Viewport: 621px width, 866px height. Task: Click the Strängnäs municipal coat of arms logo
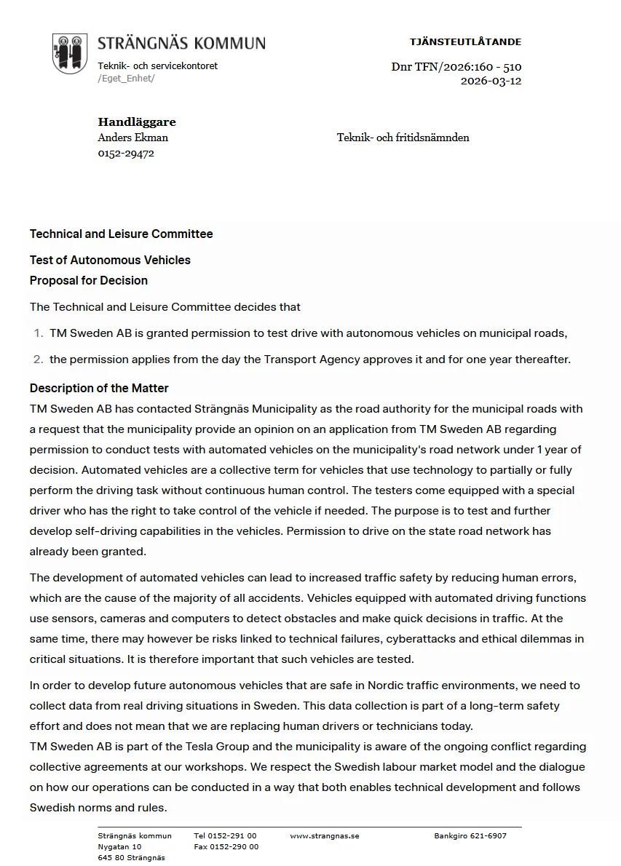pyautogui.click(x=70, y=53)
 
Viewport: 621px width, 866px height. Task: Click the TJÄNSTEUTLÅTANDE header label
pyautogui.click(x=465, y=42)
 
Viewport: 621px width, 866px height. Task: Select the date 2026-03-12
pyautogui.click(x=491, y=81)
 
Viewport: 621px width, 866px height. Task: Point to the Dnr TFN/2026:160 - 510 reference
pyautogui.click(x=456, y=67)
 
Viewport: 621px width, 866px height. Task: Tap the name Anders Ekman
pyautogui.click(x=132, y=138)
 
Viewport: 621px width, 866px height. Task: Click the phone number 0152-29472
pyautogui.click(x=126, y=154)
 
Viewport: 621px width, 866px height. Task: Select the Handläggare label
pyautogui.click(x=137, y=122)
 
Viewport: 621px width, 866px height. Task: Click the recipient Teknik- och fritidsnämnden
pyautogui.click(x=403, y=138)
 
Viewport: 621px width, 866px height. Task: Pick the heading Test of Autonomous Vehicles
pyautogui.click(x=110, y=261)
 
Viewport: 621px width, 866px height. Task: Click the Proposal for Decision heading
pyautogui.click(x=89, y=281)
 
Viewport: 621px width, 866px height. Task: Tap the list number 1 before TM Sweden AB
pyautogui.click(x=39, y=333)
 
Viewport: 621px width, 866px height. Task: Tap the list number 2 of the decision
pyautogui.click(x=39, y=359)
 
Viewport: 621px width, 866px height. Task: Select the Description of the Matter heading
pyautogui.click(x=99, y=389)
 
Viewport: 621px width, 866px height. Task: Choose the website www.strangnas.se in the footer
pyautogui.click(x=325, y=836)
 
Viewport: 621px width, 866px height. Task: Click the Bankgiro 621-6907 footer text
pyautogui.click(x=470, y=836)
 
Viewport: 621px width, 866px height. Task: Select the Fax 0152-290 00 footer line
pyautogui.click(x=226, y=847)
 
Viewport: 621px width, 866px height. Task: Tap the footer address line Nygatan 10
pyautogui.click(x=119, y=847)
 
